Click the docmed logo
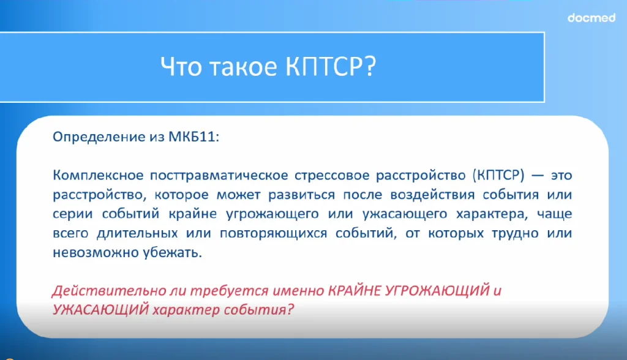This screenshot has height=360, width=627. [591, 18]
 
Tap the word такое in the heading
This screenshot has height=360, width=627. [243, 67]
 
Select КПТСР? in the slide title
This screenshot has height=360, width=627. [331, 66]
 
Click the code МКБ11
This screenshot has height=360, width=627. [193, 137]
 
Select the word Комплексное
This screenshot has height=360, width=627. [98, 175]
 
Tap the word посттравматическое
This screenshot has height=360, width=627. [219, 176]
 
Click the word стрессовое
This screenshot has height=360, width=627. [331, 176]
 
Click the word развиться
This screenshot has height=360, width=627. [301, 195]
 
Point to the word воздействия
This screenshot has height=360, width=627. [432, 195]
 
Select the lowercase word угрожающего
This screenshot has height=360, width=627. [272, 214]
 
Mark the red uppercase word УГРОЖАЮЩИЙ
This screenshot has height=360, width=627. [437, 290]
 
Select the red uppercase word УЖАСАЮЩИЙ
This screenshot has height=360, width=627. [101, 310]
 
